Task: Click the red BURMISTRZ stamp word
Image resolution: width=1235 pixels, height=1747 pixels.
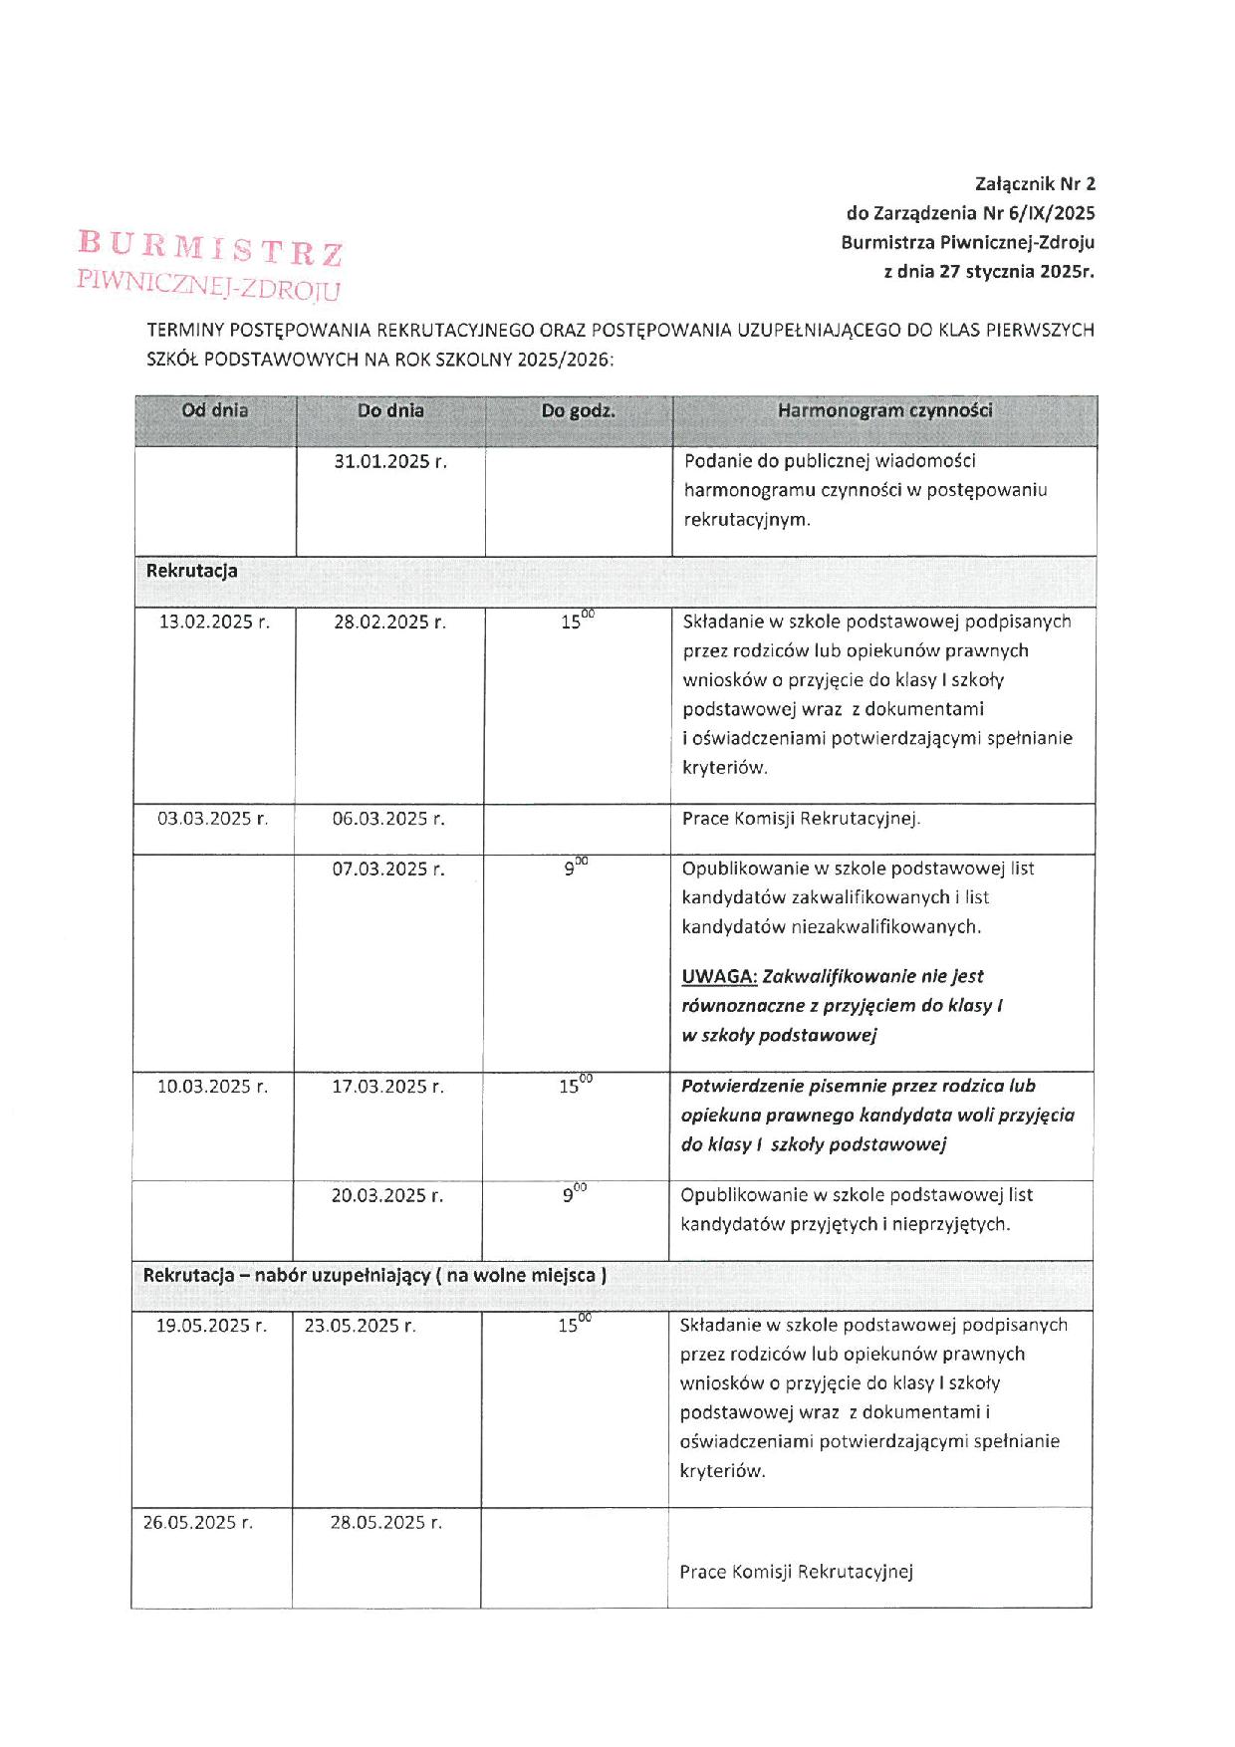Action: [210, 248]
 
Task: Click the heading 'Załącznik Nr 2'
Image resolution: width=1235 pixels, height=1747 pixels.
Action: [1035, 183]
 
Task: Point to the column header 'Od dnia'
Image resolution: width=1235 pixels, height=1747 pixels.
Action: [215, 410]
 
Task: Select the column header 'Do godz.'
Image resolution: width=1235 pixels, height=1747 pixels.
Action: [578, 410]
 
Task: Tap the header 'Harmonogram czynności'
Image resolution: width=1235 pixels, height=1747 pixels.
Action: [884, 410]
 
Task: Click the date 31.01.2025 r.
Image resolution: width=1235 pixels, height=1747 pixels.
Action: [390, 461]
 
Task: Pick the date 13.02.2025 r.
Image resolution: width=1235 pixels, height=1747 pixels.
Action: [214, 623]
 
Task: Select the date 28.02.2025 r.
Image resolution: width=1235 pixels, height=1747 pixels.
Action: [389, 623]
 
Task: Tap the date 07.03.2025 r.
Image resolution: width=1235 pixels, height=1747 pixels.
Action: [388, 870]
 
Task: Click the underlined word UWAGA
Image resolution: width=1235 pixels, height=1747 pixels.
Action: [719, 976]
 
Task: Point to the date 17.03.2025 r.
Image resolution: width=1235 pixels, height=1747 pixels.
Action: [387, 1087]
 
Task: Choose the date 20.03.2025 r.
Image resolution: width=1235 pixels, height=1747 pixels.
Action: [387, 1195]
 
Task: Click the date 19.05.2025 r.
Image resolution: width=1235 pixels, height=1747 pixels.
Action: [211, 1326]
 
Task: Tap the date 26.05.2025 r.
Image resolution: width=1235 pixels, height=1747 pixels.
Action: [197, 1522]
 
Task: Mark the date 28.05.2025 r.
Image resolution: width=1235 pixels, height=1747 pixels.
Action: [386, 1522]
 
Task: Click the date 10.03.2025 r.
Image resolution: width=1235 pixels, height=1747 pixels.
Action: [212, 1087]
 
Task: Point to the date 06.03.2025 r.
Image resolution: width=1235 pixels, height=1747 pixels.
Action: [388, 819]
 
